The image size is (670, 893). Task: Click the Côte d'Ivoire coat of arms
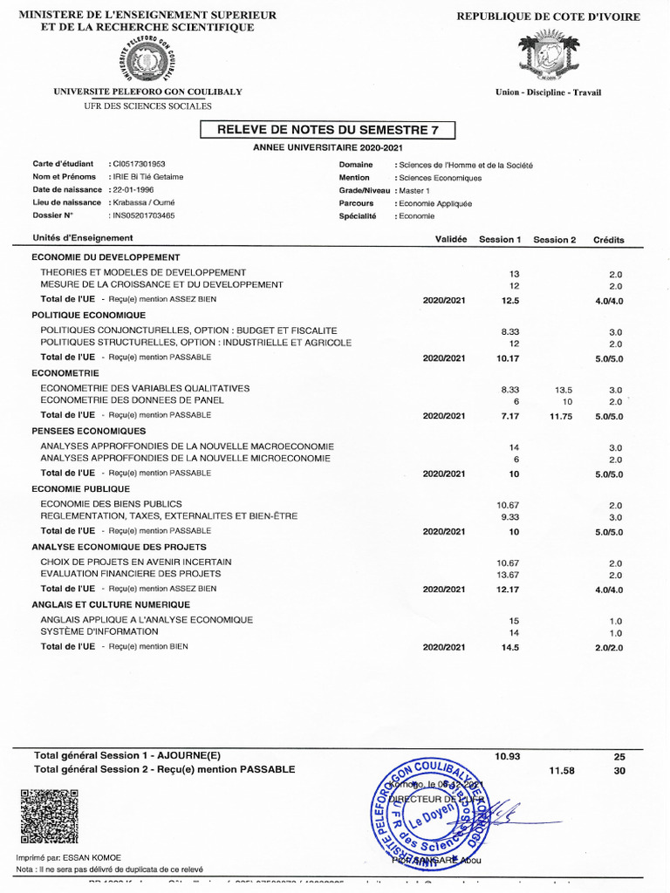point(547,57)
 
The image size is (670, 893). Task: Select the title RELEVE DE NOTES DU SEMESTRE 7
point(327,130)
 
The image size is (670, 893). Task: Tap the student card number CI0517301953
point(139,164)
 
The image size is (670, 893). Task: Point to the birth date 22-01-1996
point(133,189)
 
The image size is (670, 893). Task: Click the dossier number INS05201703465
point(143,215)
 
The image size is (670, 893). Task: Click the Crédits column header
point(608,239)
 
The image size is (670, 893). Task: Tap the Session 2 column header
point(555,239)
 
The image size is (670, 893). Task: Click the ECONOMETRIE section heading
point(65,372)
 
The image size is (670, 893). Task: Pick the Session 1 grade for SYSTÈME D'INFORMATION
point(514,632)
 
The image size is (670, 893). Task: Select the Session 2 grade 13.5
point(563,389)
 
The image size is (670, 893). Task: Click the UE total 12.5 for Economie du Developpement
point(510,300)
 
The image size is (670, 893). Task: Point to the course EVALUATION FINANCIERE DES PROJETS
point(131,574)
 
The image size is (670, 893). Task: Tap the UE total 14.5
point(510,647)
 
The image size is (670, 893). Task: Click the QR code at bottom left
point(49,816)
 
